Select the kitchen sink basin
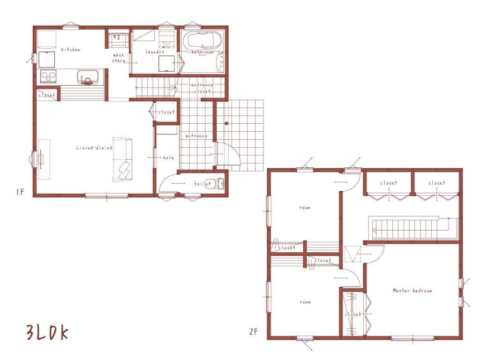coord(88,77)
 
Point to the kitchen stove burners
coord(48,76)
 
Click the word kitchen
coord(71,49)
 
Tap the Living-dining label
coord(94,148)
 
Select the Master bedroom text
coord(412,290)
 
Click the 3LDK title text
coord(47,333)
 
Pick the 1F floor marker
coord(20,192)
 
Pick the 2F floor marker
coord(254,331)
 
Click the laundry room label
coord(155,52)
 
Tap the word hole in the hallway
coord(168,157)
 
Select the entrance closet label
coord(202,88)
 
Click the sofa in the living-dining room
coord(122,159)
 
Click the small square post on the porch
coord(226,123)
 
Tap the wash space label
coord(119,58)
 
